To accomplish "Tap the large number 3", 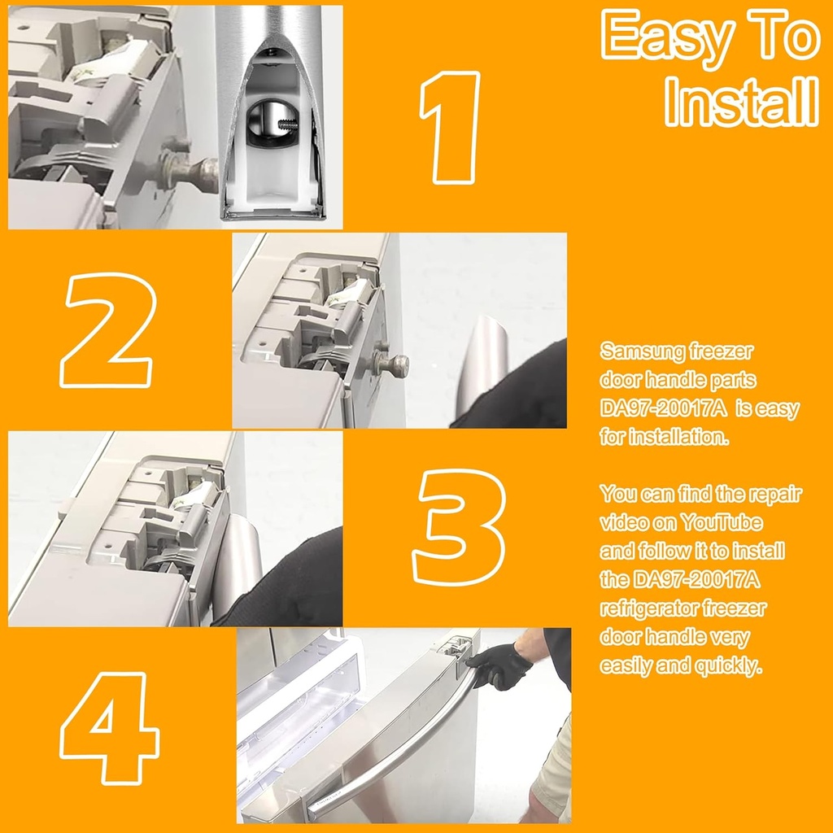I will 460,526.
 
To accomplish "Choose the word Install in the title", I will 740,102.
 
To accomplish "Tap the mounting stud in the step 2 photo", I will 393,364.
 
